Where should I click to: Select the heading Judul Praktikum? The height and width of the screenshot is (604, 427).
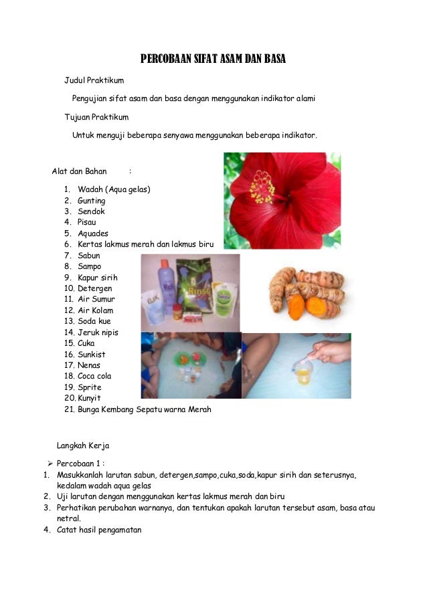click(94, 81)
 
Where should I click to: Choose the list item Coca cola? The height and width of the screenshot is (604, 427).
click(94, 376)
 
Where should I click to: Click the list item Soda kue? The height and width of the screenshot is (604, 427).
click(94, 321)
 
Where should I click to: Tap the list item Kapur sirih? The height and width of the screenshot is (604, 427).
click(97, 278)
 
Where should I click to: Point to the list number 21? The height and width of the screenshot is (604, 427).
click(69, 409)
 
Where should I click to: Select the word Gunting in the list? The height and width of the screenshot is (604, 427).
click(92, 201)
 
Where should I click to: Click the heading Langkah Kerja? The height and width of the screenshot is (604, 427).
click(83, 445)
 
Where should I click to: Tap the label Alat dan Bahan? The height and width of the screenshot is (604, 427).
click(80, 172)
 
